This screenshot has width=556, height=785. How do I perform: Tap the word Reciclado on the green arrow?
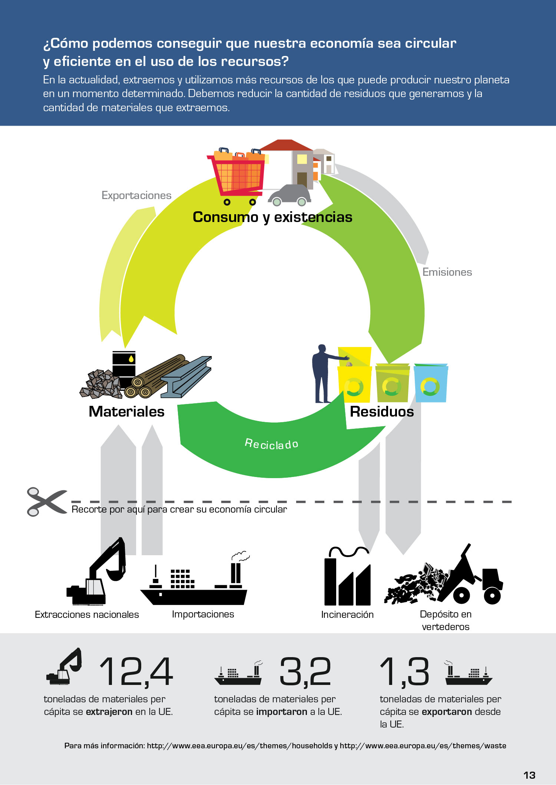pos(272,444)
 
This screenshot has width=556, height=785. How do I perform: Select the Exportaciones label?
pos(136,195)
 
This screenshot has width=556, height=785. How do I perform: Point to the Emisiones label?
pos(447,272)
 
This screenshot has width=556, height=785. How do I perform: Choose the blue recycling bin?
pos(431,383)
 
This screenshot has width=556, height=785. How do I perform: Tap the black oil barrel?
pos(124,367)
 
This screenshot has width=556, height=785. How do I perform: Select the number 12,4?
pos(136,672)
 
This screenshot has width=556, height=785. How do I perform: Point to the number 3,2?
pos(305,672)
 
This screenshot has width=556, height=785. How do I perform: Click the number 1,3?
pos(404,672)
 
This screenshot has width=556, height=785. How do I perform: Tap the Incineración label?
pos(347,615)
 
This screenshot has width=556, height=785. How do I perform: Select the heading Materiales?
pos(126,412)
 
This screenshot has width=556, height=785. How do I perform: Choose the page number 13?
pos(529,775)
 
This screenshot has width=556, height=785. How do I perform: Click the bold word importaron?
pos(282,712)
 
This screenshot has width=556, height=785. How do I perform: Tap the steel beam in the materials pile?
pos(186,377)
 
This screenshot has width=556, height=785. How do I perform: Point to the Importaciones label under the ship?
pos(203,614)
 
